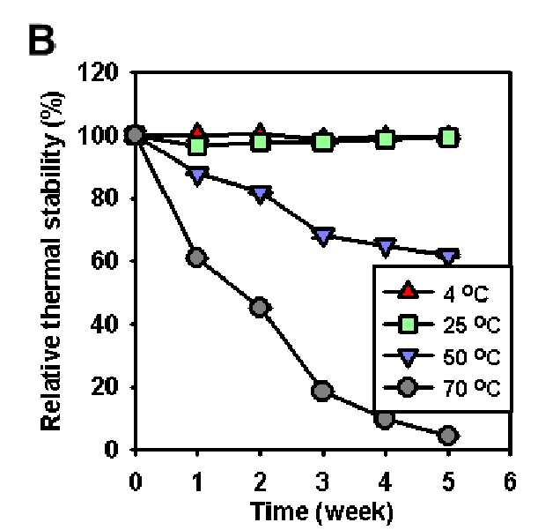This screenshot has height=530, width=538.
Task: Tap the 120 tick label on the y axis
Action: pos(98,72)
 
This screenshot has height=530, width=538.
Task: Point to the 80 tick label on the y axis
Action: pos(105,198)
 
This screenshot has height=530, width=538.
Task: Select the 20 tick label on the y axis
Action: pos(105,386)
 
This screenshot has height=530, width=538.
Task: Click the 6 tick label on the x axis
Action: pos(510,481)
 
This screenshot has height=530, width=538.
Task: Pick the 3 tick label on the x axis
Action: pos(323,481)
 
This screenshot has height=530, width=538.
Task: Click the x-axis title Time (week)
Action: pos(322,512)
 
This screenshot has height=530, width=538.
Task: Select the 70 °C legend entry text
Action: pos(471,388)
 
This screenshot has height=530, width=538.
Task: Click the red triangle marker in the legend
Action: pos(408,290)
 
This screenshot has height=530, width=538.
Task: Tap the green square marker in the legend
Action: pos(409,324)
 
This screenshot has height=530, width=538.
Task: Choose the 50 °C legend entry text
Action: pos(471,356)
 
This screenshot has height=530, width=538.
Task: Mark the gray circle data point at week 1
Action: pos(196,258)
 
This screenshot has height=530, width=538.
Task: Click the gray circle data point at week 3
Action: pos(322,391)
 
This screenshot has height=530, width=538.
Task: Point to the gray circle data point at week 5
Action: pos(448,435)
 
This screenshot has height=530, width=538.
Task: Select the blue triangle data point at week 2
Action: pos(260,195)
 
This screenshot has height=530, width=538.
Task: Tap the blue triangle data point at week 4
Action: pos(386,247)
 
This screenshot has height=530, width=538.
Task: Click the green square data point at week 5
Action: pos(448,138)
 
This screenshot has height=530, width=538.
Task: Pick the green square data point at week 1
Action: pos(197,146)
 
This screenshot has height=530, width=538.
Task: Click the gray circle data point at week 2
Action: pos(260,307)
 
